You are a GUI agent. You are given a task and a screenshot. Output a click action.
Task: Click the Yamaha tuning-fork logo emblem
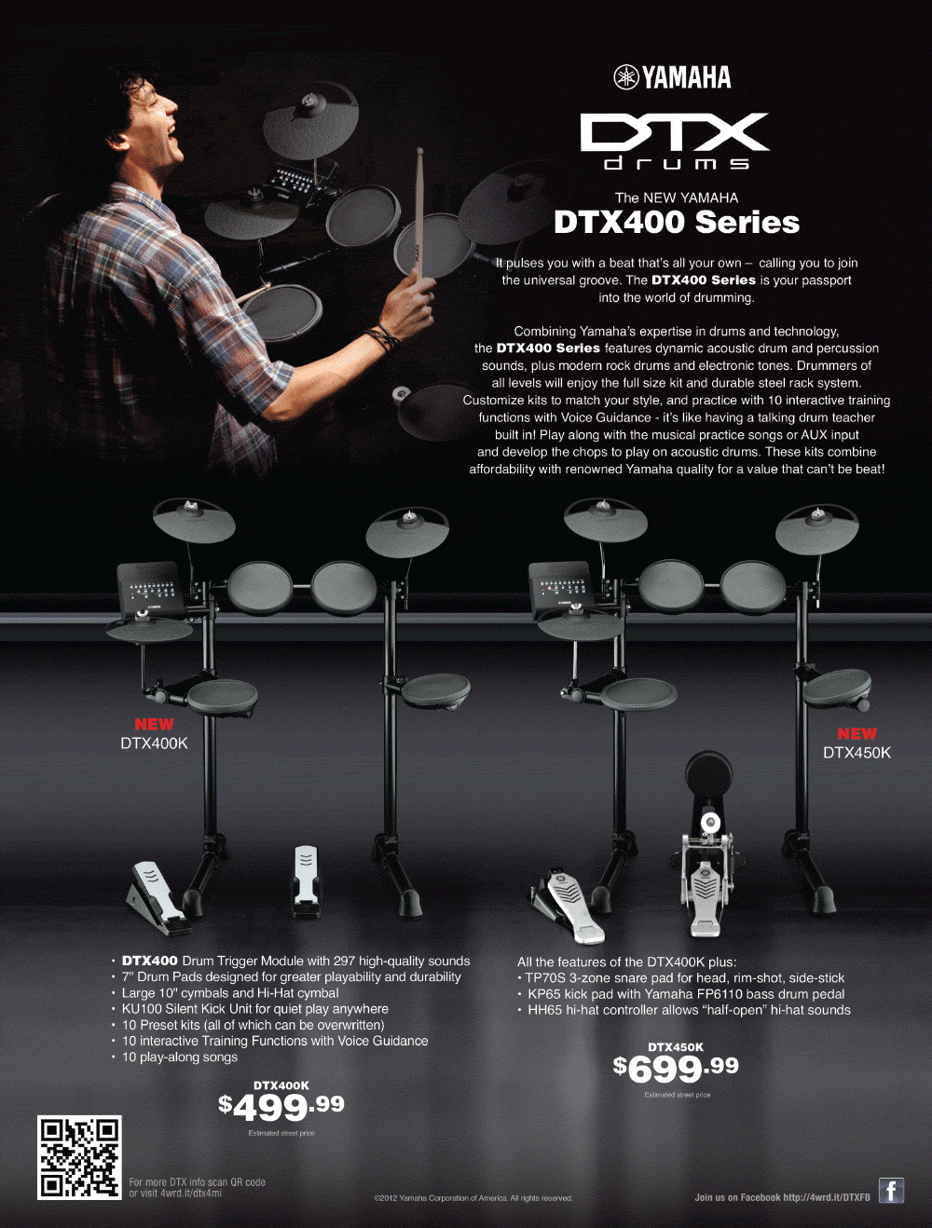pos(626,77)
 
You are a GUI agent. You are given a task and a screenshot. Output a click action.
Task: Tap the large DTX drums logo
pos(675,141)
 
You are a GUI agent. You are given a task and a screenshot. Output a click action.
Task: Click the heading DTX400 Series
pos(677,222)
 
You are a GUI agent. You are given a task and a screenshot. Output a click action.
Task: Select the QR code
pos(79,1157)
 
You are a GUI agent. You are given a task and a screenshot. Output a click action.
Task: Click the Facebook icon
pos(891,1191)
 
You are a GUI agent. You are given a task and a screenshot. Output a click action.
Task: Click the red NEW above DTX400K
pos(154,724)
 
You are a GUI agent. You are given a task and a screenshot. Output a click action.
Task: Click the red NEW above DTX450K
pos(857,733)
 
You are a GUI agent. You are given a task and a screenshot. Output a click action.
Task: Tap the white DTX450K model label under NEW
pos(857,753)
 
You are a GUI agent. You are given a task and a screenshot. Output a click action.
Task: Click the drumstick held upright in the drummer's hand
pos(419,213)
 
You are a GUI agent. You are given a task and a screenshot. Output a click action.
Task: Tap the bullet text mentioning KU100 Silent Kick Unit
pos(255,1009)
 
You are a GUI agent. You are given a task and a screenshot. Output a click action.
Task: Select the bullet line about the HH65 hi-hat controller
pos(689,1010)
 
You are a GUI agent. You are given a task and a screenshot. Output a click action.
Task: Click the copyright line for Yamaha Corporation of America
pos(473,1198)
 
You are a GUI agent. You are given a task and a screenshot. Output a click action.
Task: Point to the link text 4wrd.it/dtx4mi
pos(191,1193)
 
